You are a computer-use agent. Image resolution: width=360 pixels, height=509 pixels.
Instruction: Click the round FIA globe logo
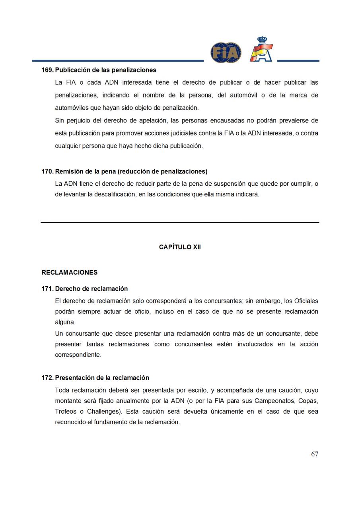click(x=226, y=52)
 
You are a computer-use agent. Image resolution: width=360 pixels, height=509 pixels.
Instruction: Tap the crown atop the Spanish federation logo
click(x=262, y=39)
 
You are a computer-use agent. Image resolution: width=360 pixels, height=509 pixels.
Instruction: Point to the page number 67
click(x=314, y=454)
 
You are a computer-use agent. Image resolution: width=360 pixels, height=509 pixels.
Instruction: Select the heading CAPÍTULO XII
click(x=180, y=247)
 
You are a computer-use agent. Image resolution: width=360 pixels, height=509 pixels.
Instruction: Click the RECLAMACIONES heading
click(x=69, y=272)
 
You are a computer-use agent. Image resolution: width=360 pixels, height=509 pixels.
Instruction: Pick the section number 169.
click(x=47, y=70)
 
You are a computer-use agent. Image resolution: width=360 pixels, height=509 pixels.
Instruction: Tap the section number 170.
click(x=47, y=171)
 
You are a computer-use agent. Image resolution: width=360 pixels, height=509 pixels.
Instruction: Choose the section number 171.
click(x=47, y=289)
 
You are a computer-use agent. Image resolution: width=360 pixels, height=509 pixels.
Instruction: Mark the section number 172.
click(x=47, y=378)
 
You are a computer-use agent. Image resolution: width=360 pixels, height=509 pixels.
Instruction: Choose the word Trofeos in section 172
click(x=65, y=412)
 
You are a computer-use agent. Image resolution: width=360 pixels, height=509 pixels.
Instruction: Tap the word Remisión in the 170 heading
click(x=68, y=171)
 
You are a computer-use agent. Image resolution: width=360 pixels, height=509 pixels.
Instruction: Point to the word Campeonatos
click(x=274, y=401)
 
